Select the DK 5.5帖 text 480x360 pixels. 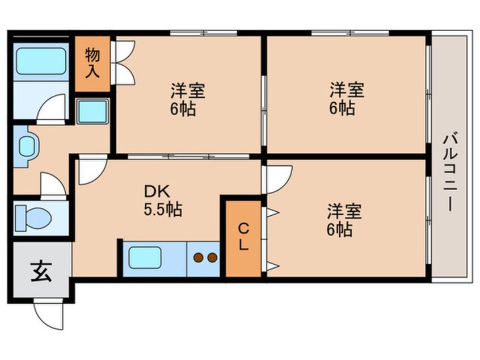(x=163, y=202)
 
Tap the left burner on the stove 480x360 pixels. (x=198, y=258)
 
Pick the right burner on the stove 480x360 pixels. (x=212, y=258)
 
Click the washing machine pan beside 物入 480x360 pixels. (x=92, y=112)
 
